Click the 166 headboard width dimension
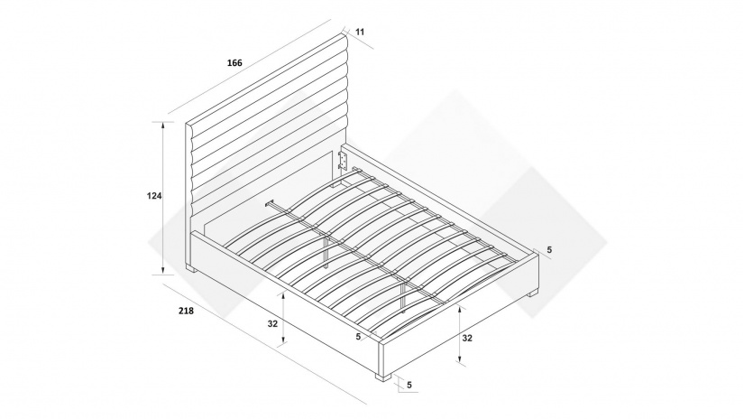(x=234, y=62)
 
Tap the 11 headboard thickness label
(x=360, y=32)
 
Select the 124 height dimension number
(x=154, y=196)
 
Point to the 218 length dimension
(x=186, y=311)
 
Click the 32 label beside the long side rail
(x=272, y=324)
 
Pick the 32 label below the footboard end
(x=467, y=339)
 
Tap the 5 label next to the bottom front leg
(x=409, y=385)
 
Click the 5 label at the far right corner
(x=549, y=250)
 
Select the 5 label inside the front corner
(x=358, y=336)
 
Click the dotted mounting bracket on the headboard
(x=343, y=161)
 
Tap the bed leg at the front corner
(x=383, y=377)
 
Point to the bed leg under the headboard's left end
(x=191, y=269)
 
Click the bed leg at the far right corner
(x=533, y=293)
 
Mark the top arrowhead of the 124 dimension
(x=163, y=126)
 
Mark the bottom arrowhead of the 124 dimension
(x=163, y=271)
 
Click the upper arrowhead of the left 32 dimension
(x=283, y=296)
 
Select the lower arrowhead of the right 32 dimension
(x=459, y=358)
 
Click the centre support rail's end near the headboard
(x=270, y=204)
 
